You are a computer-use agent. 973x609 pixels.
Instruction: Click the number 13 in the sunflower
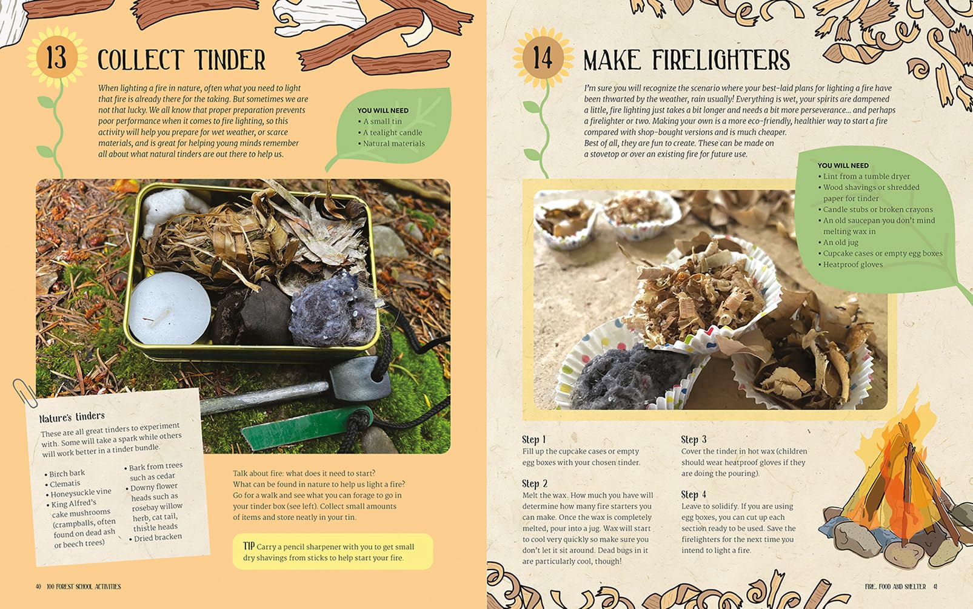point(56,58)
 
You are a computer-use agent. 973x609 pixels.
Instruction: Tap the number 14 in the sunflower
point(542,58)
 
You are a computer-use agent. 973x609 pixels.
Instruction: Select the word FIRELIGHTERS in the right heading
point(721,61)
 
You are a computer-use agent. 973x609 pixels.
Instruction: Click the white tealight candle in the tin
point(169,308)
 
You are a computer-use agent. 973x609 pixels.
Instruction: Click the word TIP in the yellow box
point(249,546)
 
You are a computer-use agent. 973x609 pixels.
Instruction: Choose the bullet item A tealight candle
point(392,132)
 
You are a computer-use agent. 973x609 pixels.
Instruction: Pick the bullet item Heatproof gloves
point(852,264)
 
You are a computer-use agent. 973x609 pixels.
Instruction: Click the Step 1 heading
point(533,439)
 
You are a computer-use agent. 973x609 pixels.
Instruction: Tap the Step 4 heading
point(693,494)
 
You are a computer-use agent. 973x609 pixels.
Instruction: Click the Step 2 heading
point(534,483)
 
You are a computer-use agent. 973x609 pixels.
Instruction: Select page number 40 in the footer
point(38,587)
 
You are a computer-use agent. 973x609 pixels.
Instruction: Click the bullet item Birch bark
point(67,473)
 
